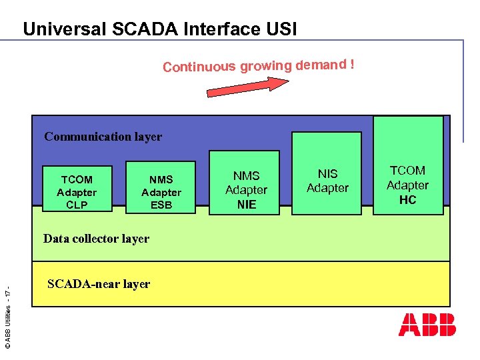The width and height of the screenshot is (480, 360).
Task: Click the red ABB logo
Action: (427, 324)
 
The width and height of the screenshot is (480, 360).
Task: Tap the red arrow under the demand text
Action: (247, 86)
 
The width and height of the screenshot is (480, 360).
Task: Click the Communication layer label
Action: (103, 137)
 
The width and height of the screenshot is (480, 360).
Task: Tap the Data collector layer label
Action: (96, 239)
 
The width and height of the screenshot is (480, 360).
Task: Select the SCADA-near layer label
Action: (99, 284)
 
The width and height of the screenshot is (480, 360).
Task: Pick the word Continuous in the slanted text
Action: (199, 67)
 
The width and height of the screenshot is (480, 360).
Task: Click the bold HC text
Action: (407, 199)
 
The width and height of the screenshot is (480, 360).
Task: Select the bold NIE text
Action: (246, 204)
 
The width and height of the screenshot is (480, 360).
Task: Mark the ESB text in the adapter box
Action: (161, 205)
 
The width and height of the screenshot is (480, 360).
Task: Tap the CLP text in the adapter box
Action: (77, 205)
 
